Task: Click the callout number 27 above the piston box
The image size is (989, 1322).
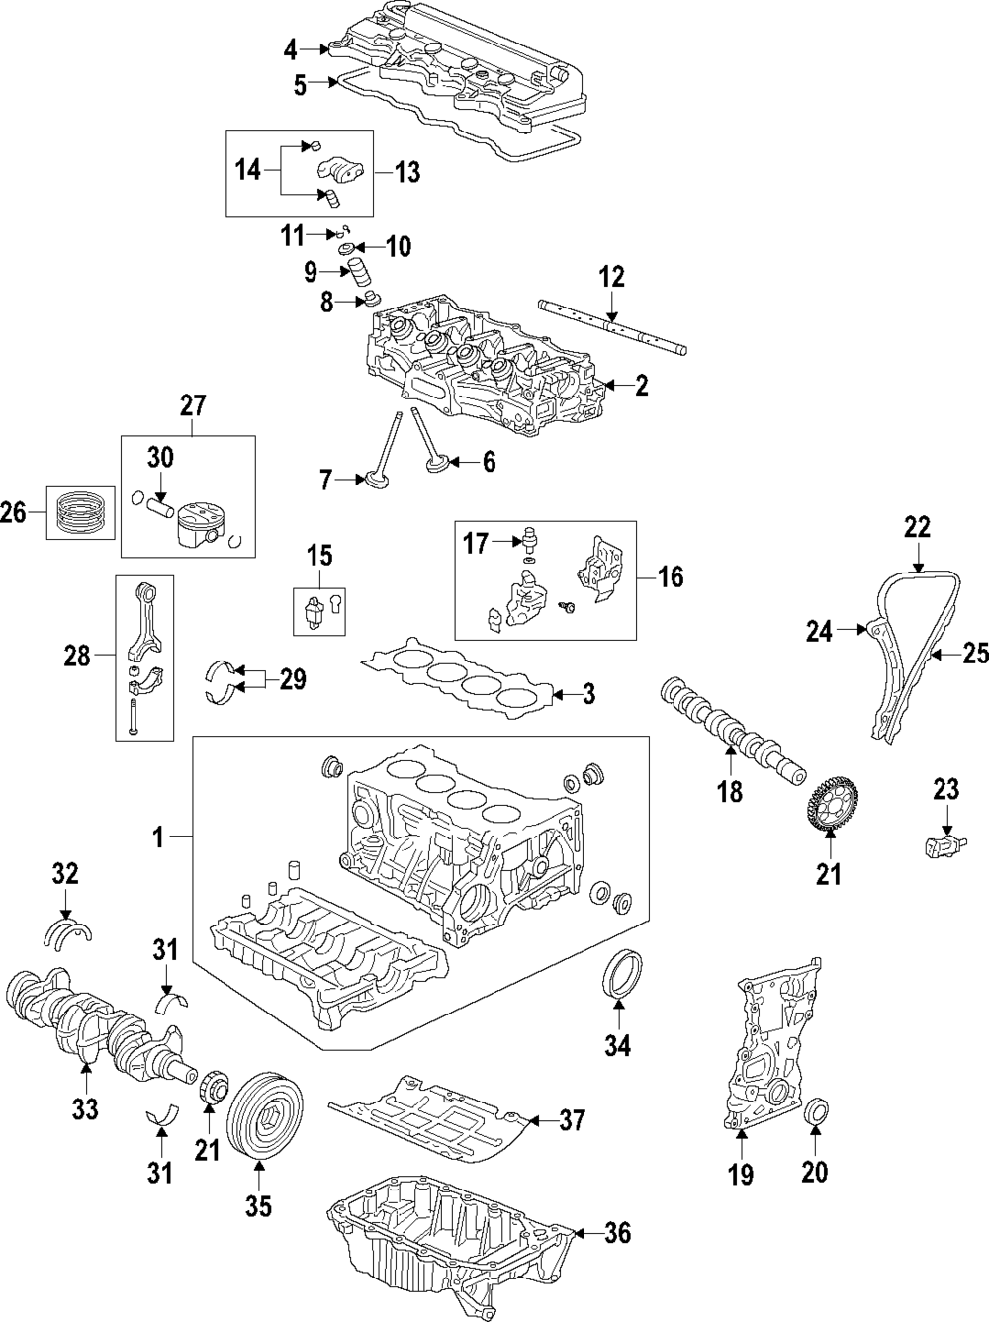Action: [x=192, y=404]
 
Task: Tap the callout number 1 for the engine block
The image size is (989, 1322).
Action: [x=156, y=838]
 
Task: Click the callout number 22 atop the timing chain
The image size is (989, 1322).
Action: [x=917, y=528]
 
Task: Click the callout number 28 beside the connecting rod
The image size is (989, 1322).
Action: [x=77, y=655]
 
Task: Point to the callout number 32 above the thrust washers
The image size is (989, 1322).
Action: [x=65, y=874]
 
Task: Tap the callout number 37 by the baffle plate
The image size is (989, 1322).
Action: [x=572, y=1120]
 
